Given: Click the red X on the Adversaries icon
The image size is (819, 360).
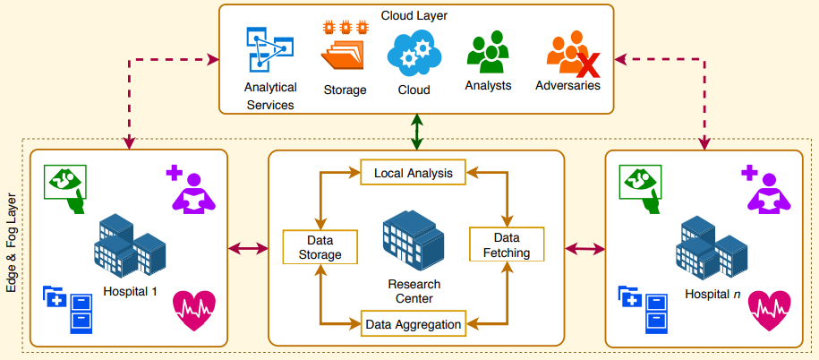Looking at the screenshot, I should point(586,64).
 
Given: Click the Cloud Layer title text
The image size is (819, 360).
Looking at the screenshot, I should point(414,15).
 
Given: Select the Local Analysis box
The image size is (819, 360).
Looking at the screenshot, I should point(414,172).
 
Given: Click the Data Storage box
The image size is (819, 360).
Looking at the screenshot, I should point(320,248).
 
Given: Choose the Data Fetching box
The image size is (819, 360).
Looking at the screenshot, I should point(507,244).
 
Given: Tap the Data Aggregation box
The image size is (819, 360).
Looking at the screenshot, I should point(414,323).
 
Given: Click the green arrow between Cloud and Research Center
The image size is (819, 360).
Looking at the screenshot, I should point(416,133).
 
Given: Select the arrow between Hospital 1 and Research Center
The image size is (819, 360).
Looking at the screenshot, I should point(249,248).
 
